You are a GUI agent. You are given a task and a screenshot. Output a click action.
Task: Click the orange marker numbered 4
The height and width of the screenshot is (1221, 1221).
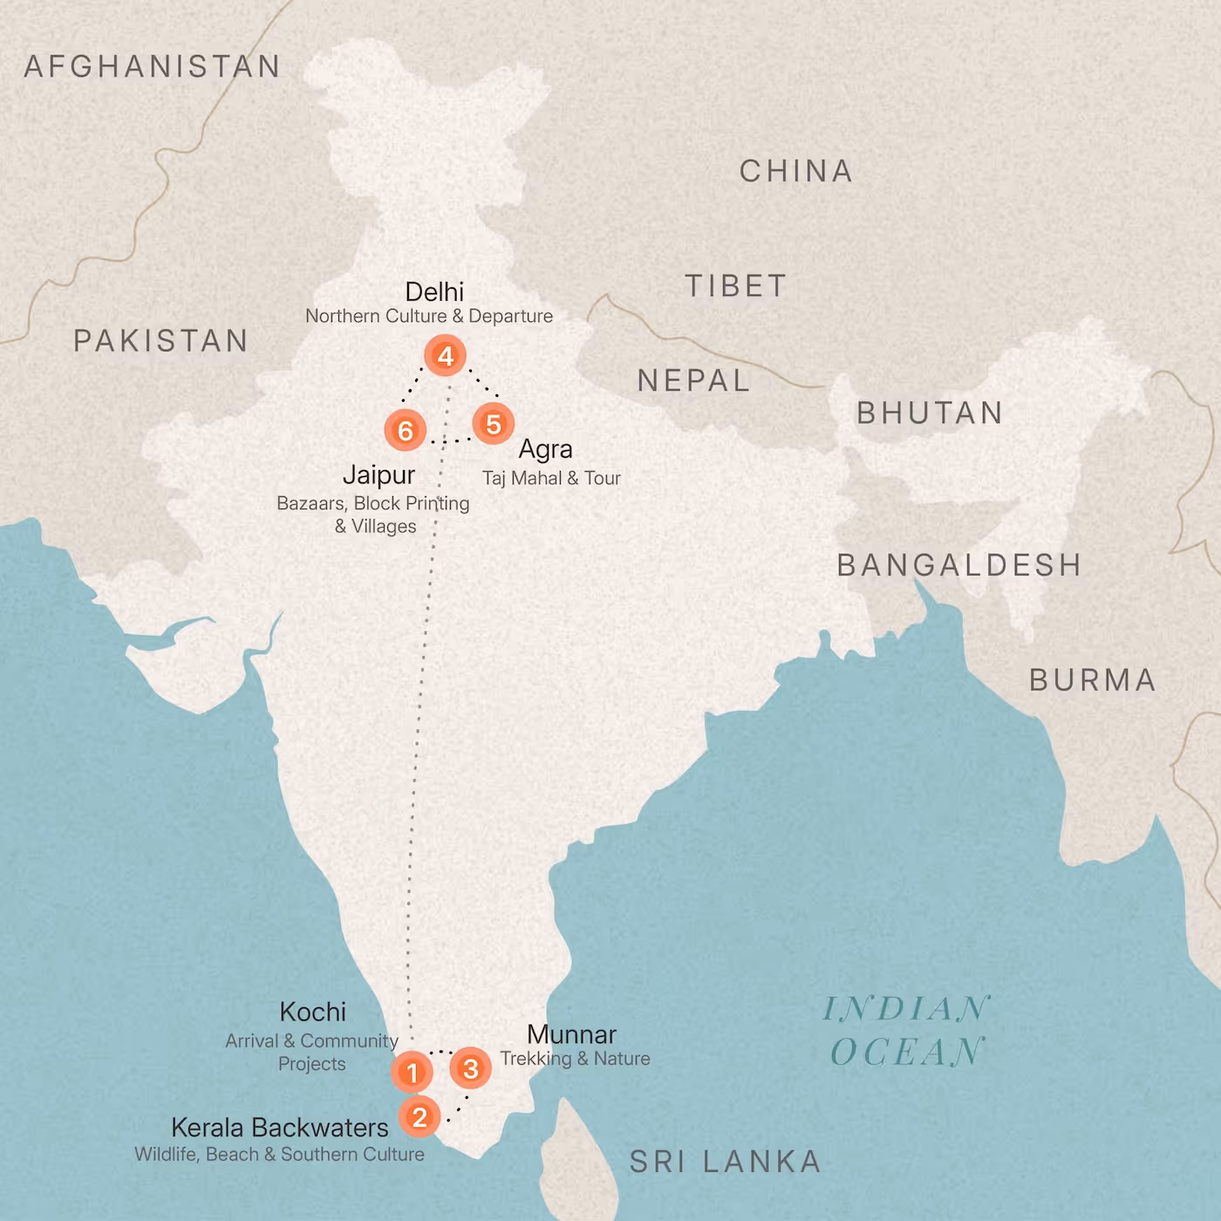coord(445,356)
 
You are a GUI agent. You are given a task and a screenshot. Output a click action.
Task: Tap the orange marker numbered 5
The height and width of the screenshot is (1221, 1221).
coord(493,424)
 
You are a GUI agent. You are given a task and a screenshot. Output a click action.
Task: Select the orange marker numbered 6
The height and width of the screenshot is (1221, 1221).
coord(405,430)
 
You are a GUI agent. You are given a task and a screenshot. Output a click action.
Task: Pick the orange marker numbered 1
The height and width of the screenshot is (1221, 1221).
coord(413,1072)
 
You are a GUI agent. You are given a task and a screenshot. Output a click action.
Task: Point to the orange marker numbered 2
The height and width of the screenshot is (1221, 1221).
coord(420,1116)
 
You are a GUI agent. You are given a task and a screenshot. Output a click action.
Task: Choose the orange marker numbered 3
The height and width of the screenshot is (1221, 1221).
coord(471,1068)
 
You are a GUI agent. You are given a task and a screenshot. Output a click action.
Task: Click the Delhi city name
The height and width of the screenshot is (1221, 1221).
coord(434,291)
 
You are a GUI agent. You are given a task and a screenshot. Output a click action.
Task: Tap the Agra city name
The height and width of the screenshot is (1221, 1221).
coord(545,449)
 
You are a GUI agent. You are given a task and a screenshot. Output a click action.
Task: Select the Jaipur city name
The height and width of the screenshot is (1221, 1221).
coord(379,475)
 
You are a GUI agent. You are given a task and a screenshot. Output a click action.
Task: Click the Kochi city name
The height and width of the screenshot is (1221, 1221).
coord(312,1012)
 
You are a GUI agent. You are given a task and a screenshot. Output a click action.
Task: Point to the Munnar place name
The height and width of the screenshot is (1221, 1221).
coord(571,1034)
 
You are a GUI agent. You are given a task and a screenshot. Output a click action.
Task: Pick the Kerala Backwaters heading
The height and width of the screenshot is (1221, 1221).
coord(279,1128)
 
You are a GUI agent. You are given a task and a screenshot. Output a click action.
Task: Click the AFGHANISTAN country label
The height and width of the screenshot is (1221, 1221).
coord(152,66)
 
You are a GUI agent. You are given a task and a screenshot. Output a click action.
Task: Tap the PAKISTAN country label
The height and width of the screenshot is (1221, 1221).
coord(160,340)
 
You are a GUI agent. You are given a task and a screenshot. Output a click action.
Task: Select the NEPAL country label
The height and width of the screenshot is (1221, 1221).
coord(693,380)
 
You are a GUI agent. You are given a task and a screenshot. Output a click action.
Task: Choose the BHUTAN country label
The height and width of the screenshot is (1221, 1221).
coord(930,413)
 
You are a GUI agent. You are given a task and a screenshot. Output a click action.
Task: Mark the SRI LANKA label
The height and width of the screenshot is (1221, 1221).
coord(725,1162)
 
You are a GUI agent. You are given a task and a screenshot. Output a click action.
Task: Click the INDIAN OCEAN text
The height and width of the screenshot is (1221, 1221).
coord(907,1031)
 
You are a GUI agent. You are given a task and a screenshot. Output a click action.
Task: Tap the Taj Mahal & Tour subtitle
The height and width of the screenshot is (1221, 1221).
coord(551,478)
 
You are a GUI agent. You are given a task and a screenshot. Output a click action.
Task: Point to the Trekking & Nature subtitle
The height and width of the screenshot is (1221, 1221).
coord(575,1059)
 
